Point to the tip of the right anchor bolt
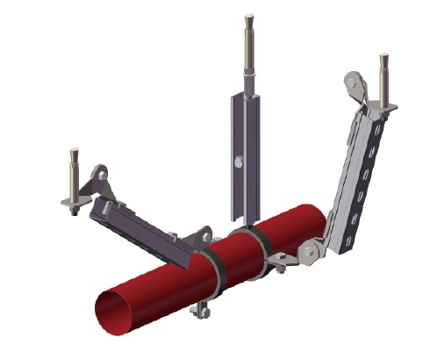tap(383, 59)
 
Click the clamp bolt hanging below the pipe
tap(203, 309)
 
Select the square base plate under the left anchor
tap(75, 204)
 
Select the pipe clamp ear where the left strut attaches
tap(203, 237)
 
